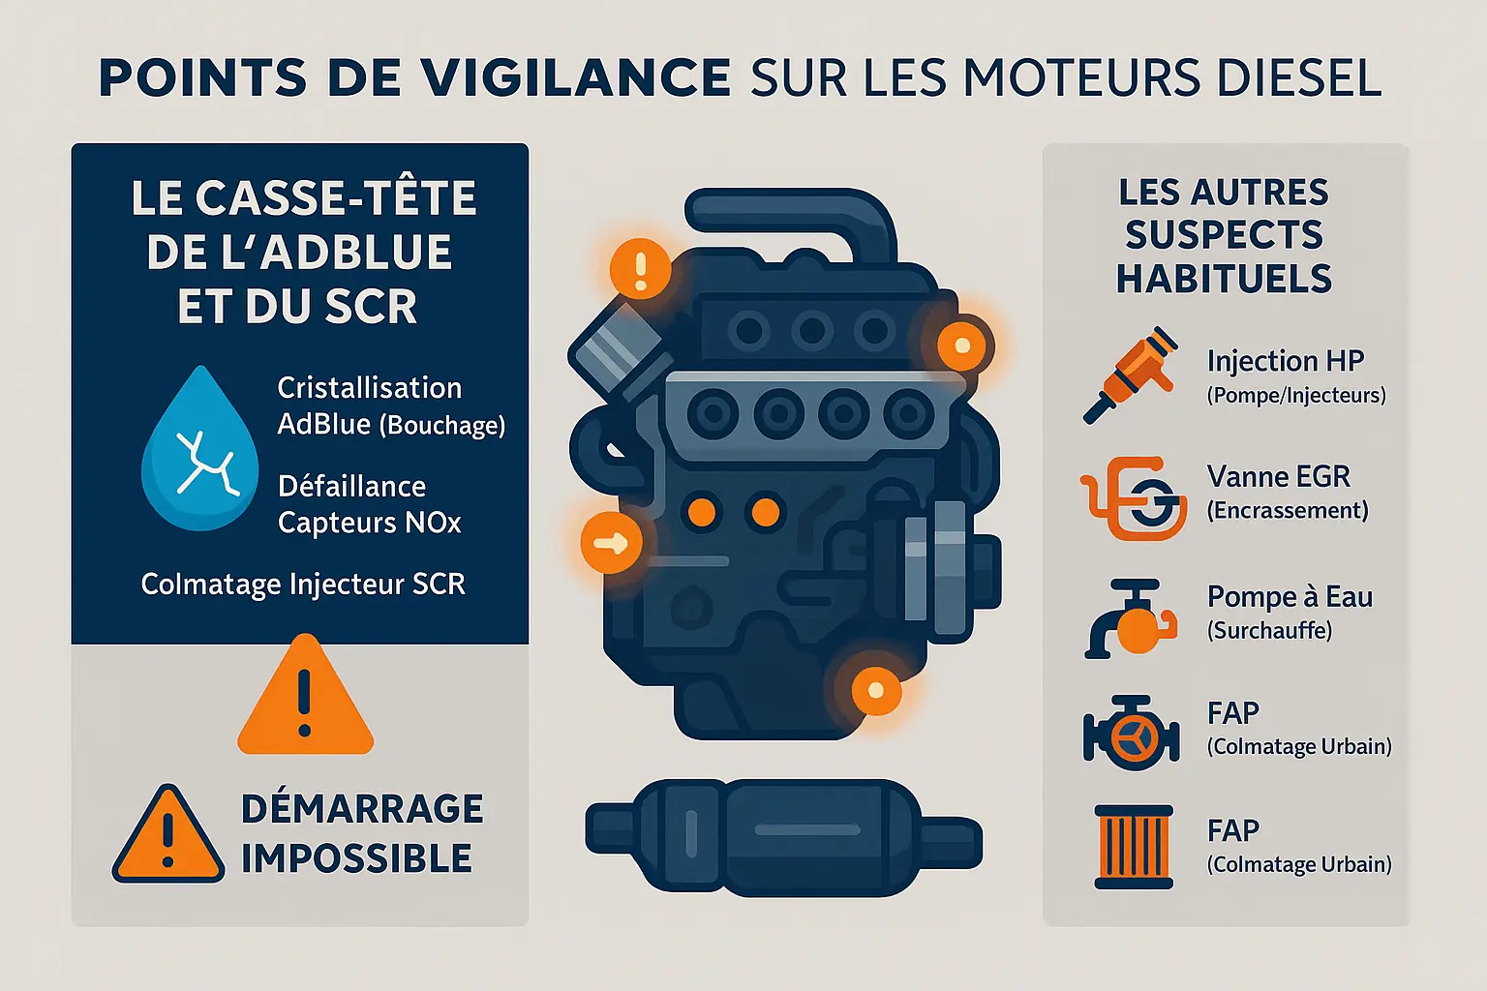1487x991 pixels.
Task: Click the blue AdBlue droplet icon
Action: tap(199, 449)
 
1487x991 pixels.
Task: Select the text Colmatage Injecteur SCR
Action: tap(303, 585)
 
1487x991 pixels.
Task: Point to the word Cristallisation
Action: tap(369, 388)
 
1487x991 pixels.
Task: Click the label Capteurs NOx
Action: tap(369, 523)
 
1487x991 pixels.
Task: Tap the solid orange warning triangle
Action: tap(305, 695)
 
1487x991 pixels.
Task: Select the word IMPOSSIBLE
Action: tap(356, 858)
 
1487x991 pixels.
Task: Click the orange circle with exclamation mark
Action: tap(640, 269)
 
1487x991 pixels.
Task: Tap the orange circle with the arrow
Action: tap(611, 543)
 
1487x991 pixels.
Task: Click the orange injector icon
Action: tap(1130, 375)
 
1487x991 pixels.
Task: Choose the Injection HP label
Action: tap(1286, 361)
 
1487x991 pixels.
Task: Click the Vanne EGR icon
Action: tap(1134, 497)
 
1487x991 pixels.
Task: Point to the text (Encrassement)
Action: tap(1288, 510)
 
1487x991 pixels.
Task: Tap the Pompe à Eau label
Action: tap(1290, 597)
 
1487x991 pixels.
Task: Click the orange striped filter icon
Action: tap(1134, 847)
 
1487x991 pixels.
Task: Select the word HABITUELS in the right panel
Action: tap(1224, 278)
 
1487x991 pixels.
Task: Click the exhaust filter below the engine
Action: tap(783, 838)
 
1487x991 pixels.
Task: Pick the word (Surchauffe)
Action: tap(1269, 630)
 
